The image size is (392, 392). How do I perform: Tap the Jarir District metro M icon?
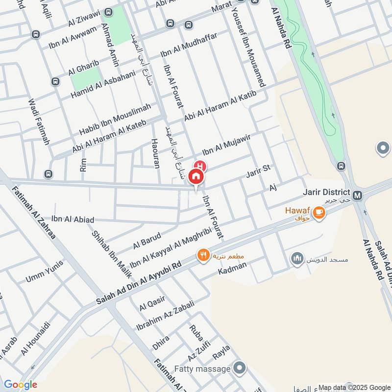pyautogui.click(x=358, y=196)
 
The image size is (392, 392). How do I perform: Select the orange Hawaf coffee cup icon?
pyautogui.click(x=319, y=212)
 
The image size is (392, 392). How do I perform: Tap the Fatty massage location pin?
pyautogui.click(x=240, y=367)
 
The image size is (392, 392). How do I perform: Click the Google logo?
pyautogui.click(x=21, y=385)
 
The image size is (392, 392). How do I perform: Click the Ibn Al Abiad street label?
pyautogui.click(x=73, y=220)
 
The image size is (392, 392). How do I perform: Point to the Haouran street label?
pyautogui.click(x=156, y=152)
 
